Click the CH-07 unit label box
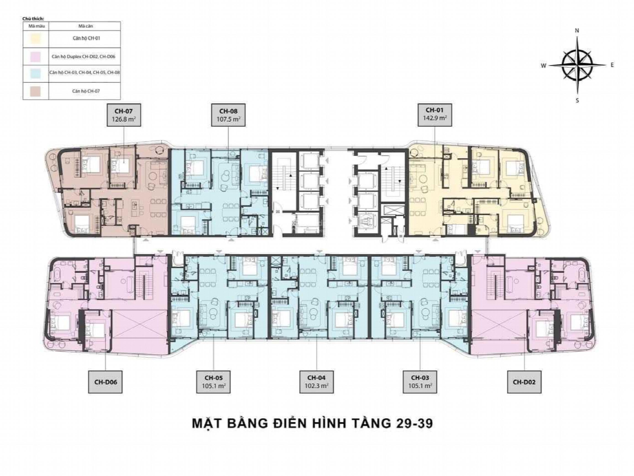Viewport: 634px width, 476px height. tap(124, 115)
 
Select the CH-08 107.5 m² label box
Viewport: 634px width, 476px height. tap(228, 115)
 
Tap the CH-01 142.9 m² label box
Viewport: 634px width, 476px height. tap(435, 115)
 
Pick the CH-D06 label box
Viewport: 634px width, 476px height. tap(105, 382)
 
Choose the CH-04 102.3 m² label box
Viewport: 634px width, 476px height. tap(317, 382)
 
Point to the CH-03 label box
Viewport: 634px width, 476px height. tap(420, 382)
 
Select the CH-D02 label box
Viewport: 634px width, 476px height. tap(524, 382)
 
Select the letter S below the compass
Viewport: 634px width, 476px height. tap(577, 101)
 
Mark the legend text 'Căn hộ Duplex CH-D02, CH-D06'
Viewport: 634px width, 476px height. tap(83, 56)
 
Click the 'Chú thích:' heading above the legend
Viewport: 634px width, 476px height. tap(31, 19)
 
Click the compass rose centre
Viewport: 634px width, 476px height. tap(577, 65)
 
